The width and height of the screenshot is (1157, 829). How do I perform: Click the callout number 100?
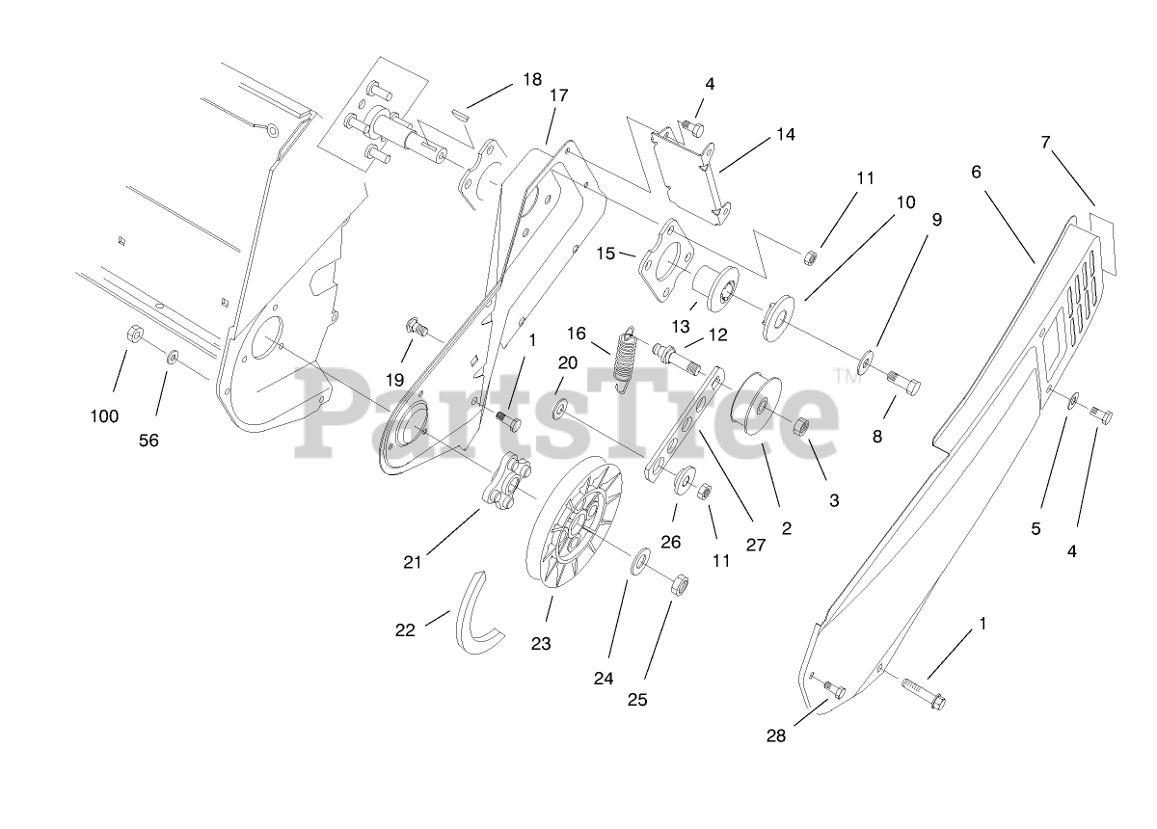104,416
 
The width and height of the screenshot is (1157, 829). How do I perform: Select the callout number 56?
148,441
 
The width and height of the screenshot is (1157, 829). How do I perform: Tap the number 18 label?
532,79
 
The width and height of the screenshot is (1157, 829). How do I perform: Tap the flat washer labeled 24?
639,563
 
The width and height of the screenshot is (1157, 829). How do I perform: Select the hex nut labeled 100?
136,334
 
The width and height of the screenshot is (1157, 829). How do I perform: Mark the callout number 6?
976,172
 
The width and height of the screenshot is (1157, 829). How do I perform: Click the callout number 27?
755,545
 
